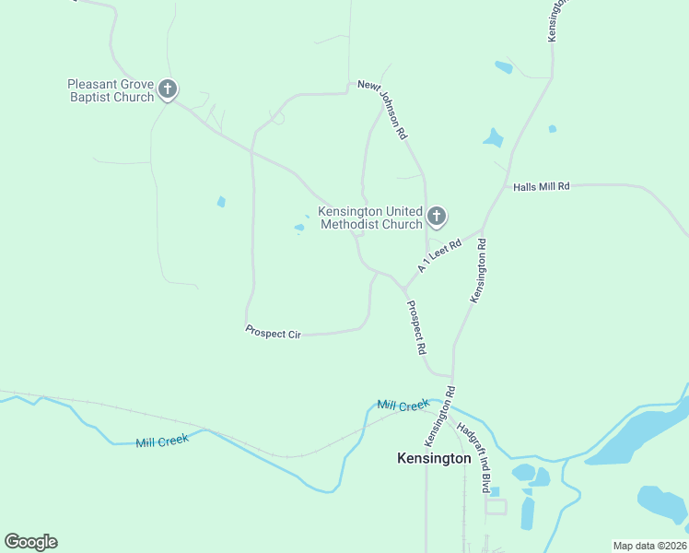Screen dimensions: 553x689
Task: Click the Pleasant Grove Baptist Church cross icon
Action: (x=167, y=89)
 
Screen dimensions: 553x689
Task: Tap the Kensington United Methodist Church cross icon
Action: (x=437, y=218)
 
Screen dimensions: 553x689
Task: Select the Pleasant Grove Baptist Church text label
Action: (x=111, y=90)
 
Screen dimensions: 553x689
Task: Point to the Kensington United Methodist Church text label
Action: (x=370, y=218)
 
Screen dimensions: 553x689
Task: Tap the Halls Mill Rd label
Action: (x=541, y=186)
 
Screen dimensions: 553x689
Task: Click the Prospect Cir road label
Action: (x=274, y=331)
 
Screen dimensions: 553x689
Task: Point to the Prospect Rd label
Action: (x=416, y=327)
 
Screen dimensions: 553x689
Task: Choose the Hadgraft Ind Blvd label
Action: (x=474, y=459)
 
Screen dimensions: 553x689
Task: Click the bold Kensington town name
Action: (x=434, y=457)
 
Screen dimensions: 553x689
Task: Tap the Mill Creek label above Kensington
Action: (x=403, y=405)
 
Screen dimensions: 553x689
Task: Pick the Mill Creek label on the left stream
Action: (x=162, y=441)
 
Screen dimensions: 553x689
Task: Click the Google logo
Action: (x=30, y=542)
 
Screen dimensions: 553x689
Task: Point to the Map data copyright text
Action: (x=649, y=546)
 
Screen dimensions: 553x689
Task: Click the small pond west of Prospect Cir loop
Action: (x=221, y=202)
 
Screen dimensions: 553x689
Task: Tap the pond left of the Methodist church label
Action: (x=299, y=227)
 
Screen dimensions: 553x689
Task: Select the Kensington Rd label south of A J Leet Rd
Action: (x=479, y=271)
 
